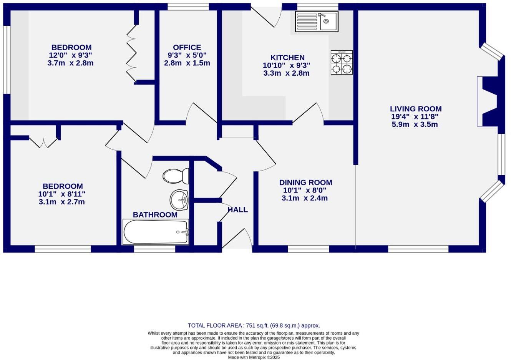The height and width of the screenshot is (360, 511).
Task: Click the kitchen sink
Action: [317, 21]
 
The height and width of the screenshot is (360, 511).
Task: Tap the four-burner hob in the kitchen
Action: [342, 63]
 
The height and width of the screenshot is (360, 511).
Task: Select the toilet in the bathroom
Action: [176, 176]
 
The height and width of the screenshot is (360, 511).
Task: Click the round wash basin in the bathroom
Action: [179, 199]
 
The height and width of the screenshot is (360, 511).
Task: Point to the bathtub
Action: [156, 232]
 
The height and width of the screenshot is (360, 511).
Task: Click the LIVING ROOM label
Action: [416, 109]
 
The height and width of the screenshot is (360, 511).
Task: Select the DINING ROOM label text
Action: [305, 182]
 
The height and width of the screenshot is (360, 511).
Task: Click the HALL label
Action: [237, 210]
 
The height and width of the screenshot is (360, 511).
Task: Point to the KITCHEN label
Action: [287, 58]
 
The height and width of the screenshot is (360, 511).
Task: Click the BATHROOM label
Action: [155, 215]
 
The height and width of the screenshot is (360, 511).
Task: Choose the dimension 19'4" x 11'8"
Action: [415, 116]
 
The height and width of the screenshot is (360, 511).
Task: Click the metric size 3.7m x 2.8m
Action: [70, 63]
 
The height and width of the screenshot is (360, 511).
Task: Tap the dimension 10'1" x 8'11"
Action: [62, 194]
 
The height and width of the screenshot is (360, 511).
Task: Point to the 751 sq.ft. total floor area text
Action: [254, 325]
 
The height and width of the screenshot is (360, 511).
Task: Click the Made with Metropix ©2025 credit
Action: [254, 357]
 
